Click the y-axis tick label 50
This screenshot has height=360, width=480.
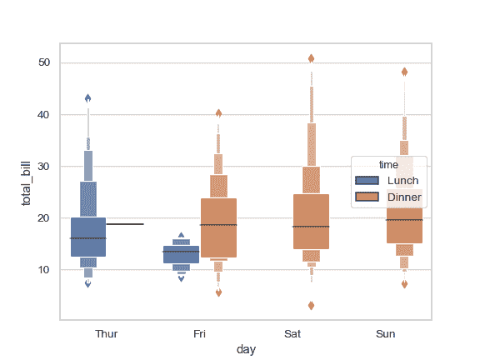44,63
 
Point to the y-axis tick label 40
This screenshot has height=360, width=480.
44,115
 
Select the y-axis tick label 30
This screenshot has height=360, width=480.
44,167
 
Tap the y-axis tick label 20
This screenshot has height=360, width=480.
44,218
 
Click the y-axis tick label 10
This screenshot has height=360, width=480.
44,270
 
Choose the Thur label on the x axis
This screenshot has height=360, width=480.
107,334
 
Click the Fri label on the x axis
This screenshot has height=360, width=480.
200,334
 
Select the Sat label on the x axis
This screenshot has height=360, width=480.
292,334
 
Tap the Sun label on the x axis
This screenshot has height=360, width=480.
386,334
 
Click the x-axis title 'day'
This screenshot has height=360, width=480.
246,350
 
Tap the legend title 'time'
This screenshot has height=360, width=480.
388,165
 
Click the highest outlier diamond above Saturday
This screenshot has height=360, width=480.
311,58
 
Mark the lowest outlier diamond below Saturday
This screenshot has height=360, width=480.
311,306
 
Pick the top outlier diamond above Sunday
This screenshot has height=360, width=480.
404,72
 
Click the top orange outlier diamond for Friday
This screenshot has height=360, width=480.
218,113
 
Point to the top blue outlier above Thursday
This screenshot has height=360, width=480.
88,98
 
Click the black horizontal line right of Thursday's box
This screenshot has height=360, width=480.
125,224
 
